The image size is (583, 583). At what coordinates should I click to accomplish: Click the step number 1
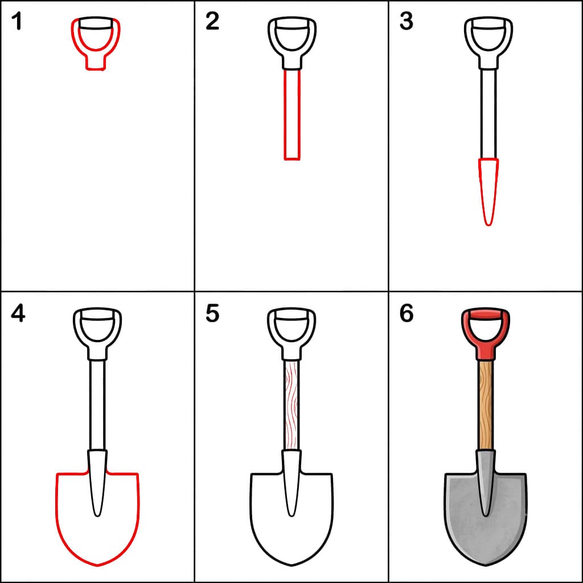click(17, 21)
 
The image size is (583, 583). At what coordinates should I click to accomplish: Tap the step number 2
click(212, 21)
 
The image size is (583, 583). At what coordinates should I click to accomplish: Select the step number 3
click(407, 21)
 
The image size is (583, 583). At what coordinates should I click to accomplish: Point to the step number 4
click(18, 314)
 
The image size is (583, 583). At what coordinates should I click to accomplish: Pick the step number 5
click(212, 314)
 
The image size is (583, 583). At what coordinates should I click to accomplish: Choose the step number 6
click(407, 314)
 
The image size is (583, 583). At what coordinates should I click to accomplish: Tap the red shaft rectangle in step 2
click(285, 114)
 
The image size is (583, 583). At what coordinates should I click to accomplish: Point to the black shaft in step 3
click(481, 113)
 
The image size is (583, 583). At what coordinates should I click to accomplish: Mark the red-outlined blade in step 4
click(58, 520)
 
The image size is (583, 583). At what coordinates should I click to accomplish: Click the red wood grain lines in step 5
click(292, 405)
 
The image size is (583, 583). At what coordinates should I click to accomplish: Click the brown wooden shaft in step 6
click(486, 405)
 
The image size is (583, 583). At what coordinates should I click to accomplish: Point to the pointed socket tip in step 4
click(97, 516)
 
